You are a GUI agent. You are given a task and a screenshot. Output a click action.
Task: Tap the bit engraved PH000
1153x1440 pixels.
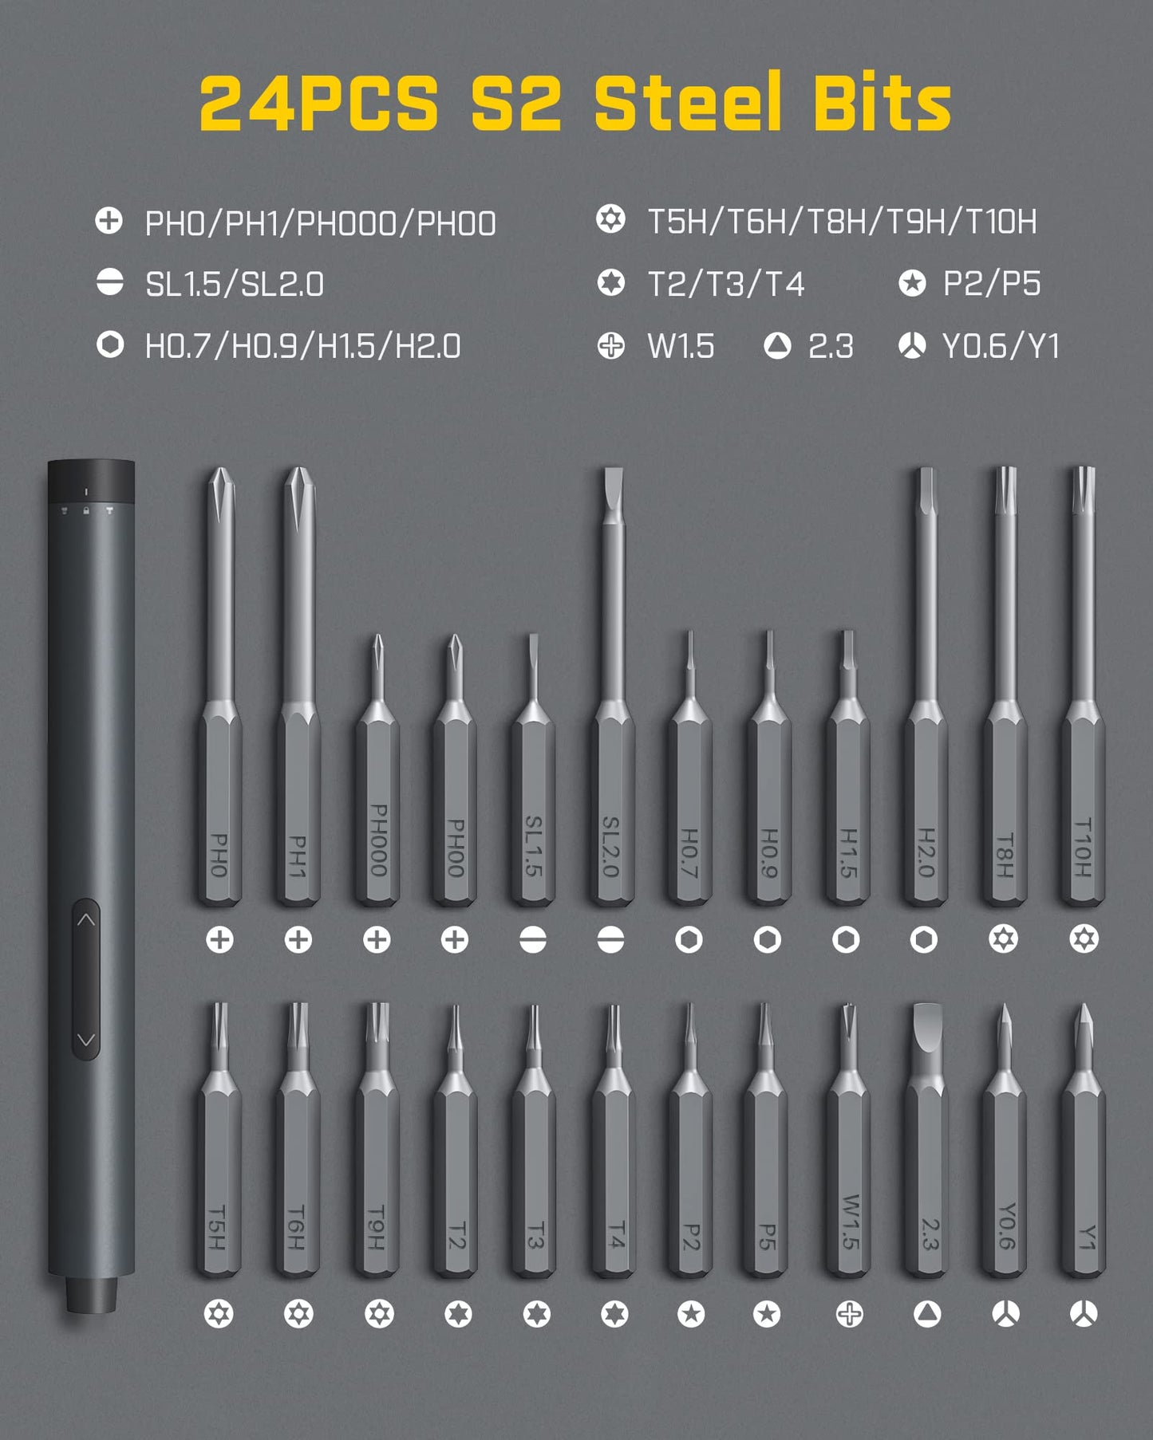pos(377,797)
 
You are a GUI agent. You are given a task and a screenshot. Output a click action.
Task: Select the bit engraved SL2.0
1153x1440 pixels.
pos(611,757)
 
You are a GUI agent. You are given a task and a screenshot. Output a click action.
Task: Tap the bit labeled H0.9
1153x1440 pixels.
pos(768,797)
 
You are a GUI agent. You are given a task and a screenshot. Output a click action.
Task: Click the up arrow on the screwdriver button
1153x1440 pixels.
pos(86,920)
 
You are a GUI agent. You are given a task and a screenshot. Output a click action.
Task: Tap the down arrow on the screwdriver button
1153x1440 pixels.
pos(86,1040)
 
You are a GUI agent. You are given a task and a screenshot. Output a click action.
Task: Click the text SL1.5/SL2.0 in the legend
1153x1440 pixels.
pos(235,285)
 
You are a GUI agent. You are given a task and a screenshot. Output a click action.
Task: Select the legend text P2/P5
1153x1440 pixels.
pos(992,284)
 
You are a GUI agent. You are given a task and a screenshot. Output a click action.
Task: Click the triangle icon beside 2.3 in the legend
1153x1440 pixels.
pos(777,346)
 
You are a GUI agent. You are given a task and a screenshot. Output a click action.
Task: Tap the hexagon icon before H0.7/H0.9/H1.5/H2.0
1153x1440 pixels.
pos(110,345)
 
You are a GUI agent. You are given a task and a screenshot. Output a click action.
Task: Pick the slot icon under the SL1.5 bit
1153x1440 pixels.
pos(533,940)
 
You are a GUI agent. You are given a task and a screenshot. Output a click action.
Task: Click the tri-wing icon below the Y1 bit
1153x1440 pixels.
pos(1084,1314)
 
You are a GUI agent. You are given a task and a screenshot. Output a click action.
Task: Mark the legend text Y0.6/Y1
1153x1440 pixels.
pos(1001,347)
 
